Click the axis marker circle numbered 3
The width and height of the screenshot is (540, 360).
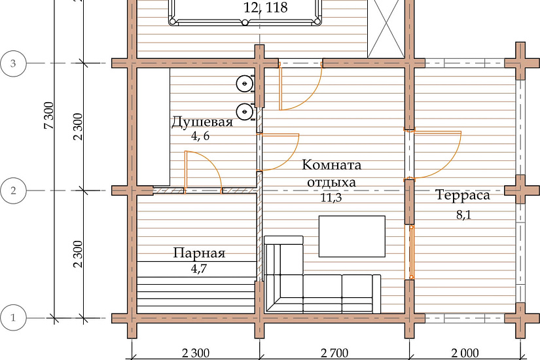pyautogui.click(x=13, y=63)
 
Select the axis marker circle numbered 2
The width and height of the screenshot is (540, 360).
pyautogui.click(x=13, y=190)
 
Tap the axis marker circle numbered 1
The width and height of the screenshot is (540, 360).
pyautogui.click(x=13, y=317)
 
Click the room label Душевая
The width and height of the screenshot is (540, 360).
pyautogui.click(x=202, y=122)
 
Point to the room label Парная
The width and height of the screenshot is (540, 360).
pyautogui.click(x=199, y=253)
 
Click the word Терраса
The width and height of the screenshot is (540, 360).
pyautogui.click(x=463, y=195)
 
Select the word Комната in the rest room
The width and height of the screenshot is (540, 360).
pyautogui.click(x=332, y=165)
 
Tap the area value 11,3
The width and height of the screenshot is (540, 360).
pyautogui.click(x=332, y=198)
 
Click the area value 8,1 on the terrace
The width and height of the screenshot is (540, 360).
pyautogui.click(x=463, y=215)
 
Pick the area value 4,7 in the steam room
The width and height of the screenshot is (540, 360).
pyautogui.click(x=199, y=268)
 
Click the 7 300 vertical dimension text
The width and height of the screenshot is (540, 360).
pyautogui.click(x=49, y=115)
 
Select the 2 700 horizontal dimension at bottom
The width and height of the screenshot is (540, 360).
pyautogui.click(x=334, y=353)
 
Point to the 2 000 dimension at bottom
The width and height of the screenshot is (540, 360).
pyautogui.click(x=465, y=353)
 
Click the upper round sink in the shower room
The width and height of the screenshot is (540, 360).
pyautogui.click(x=245, y=83)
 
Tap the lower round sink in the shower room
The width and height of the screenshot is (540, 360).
pyautogui.click(x=245, y=111)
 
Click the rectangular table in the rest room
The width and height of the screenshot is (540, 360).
pyautogui.click(x=352, y=236)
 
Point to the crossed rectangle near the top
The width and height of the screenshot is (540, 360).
pyautogui.click(x=386, y=29)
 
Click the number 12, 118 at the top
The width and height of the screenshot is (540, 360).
pyautogui.click(x=266, y=7)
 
